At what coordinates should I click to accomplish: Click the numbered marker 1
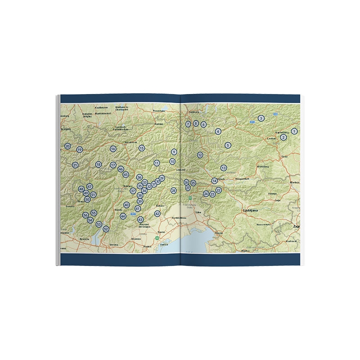point(294,131)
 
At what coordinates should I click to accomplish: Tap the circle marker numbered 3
point(261,118)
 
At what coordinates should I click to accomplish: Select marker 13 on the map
point(223,168)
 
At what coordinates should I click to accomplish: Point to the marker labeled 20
point(67,146)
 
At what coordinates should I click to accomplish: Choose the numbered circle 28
point(174,191)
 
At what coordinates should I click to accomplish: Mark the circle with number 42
point(157,214)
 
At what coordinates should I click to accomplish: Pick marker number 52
point(106,229)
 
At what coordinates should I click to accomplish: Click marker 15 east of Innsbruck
point(142,148)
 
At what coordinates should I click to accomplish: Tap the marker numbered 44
point(123,216)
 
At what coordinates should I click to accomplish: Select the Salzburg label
point(193,112)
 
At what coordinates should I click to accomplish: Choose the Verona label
point(114,244)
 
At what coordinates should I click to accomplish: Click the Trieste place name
point(219,233)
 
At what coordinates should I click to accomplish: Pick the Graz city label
point(284,157)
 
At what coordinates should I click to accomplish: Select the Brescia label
point(84,239)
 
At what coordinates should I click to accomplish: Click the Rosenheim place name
point(159,111)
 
